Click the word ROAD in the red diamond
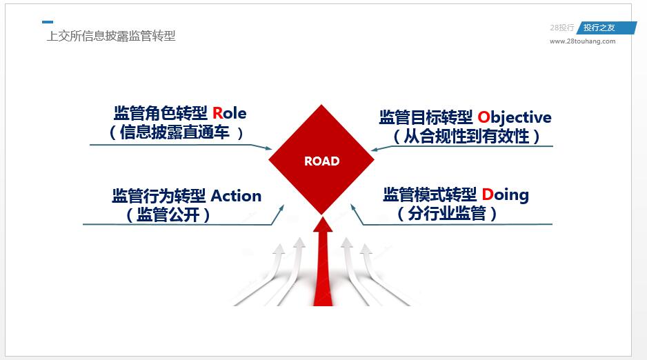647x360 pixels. [x=321, y=161]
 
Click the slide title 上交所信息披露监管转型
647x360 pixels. [x=111, y=36]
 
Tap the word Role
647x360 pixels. [x=229, y=113]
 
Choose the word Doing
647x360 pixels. [x=505, y=194]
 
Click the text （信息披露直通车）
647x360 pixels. [x=177, y=132]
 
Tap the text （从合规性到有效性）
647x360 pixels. [x=466, y=137]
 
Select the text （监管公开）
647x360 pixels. [x=168, y=215]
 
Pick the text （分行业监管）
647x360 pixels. [x=447, y=214]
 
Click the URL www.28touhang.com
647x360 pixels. [x=582, y=41]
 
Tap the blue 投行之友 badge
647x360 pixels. [x=599, y=28]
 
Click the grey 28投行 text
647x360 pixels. [x=561, y=28]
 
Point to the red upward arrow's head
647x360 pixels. [x=322, y=225]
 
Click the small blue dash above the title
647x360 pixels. [x=47, y=22]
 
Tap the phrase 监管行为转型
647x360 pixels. [x=159, y=196]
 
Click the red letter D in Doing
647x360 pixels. [x=487, y=194]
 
